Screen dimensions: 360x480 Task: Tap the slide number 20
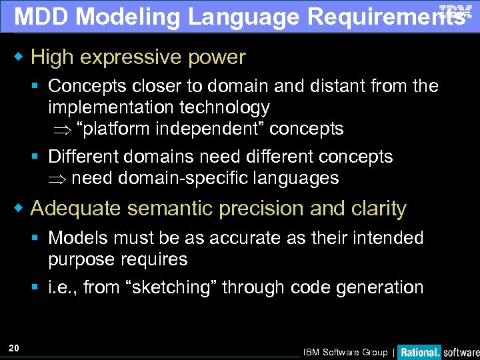tap(14, 347)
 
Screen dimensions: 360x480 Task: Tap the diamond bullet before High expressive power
tap(19, 57)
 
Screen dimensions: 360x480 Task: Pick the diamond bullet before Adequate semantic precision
tap(19, 209)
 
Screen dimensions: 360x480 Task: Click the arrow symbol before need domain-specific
tap(57, 179)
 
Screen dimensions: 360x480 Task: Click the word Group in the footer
tap(375, 352)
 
